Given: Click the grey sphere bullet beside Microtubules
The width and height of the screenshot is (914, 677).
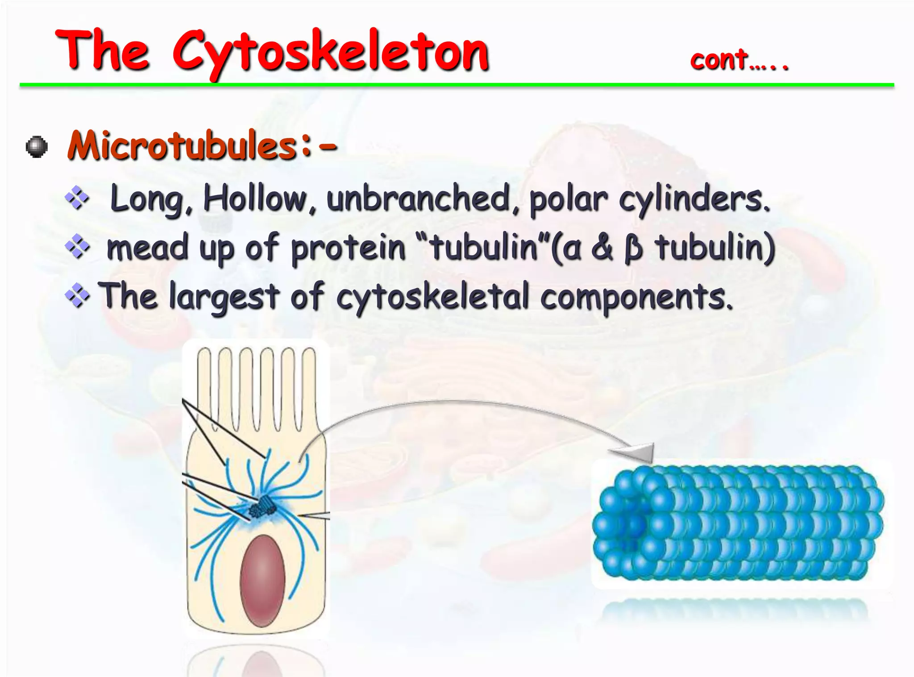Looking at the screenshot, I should (37, 147).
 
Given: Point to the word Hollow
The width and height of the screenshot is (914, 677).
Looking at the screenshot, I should (254, 199).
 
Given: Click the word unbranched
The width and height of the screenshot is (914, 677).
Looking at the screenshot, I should (419, 199).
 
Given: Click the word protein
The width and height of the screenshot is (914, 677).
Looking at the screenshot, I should (348, 249).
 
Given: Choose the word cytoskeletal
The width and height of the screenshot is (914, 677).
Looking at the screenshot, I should (432, 297).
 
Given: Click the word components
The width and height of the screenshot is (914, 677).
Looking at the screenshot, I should (636, 298).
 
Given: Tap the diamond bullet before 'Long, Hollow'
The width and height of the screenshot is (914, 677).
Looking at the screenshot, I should (77, 198).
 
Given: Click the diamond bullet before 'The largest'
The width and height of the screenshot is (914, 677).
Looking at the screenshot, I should (77, 296).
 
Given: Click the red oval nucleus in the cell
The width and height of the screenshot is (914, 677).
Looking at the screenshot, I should (262, 580).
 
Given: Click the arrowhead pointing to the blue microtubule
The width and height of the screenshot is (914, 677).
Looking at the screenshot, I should (638, 453).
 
